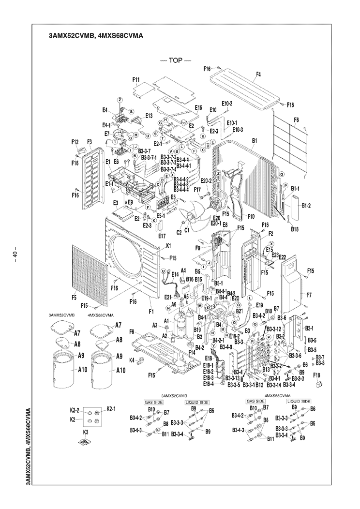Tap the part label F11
136,79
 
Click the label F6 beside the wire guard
296,120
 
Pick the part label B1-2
306,206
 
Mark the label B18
295,228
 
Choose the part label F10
251,216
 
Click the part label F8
132,331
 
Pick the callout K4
132,360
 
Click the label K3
86,431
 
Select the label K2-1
110,409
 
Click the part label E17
162,236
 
